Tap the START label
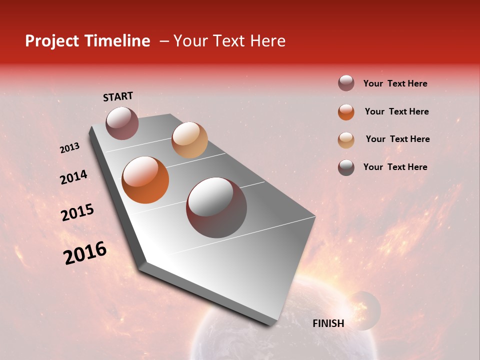click(x=118, y=96)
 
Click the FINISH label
click(x=328, y=323)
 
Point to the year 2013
click(x=70, y=148)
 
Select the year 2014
click(x=74, y=177)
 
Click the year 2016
click(x=85, y=253)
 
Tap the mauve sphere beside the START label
click(x=122, y=123)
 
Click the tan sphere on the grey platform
click(x=189, y=140)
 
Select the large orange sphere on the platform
click(x=145, y=180)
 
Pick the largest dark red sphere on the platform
click(x=216, y=207)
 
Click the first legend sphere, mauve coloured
click(x=346, y=83)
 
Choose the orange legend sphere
click(x=346, y=112)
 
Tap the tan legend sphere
click(x=346, y=139)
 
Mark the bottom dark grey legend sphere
click(x=346, y=167)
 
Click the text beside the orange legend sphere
click(x=397, y=111)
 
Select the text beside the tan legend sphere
click(x=397, y=139)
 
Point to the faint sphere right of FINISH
click(x=364, y=310)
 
